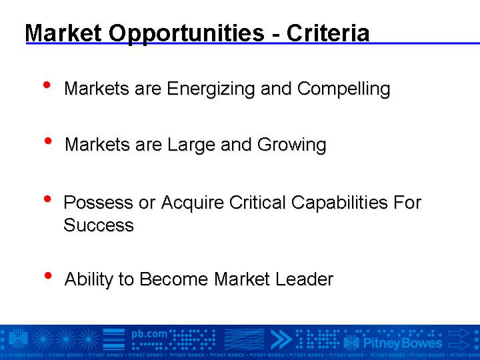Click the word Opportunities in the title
(187, 33)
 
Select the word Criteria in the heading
(328, 33)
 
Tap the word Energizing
(211, 89)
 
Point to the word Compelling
(343, 89)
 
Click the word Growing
(291, 145)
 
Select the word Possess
(98, 203)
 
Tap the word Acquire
(192, 203)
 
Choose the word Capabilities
(339, 203)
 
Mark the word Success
(99, 225)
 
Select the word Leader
(304, 279)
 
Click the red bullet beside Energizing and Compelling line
(47, 85)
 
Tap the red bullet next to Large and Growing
(48, 141)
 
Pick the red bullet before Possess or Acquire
(47, 199)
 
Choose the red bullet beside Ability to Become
(48, 275)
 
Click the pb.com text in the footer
(149, 334)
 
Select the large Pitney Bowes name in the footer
(403, 343)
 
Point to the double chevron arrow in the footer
(281, 339)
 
